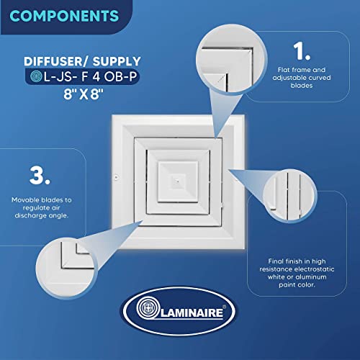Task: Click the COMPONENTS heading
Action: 64,16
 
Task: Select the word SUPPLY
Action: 117,61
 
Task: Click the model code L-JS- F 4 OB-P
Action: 91,77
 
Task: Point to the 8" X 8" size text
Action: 84,94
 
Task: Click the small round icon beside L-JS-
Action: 36,76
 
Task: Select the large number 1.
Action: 302,51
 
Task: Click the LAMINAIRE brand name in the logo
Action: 192,313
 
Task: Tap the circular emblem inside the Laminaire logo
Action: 148,308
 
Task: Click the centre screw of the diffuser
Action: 178,181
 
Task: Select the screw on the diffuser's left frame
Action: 117,178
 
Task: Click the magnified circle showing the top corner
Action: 232,60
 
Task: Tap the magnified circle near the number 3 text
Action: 66,269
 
